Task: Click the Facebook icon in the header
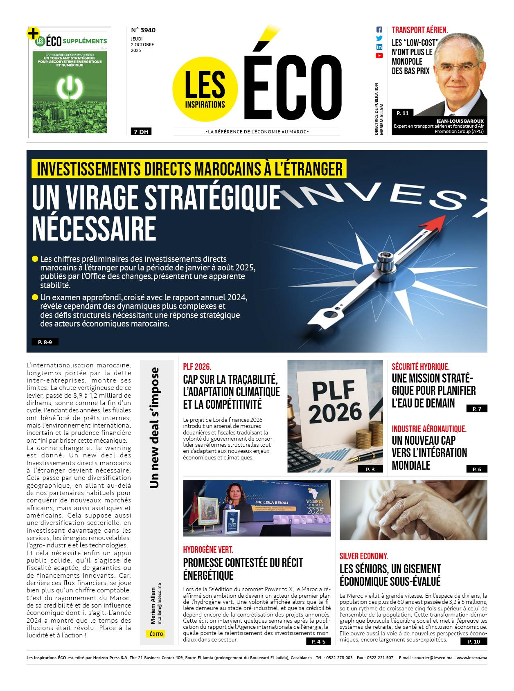(x=379, y=30)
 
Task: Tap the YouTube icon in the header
(x=379, y=56)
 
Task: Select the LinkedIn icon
(x=379, y=47)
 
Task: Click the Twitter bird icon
(x=379, y=38)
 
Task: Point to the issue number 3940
(x=143, y=30)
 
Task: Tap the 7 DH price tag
(x=141, y=132)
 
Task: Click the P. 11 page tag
(x=403, y=113)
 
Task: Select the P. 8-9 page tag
(x=45, y=342)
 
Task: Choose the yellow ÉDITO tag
(x=156, y=634)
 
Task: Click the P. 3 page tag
(x=370, y=469)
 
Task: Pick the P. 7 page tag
(x=477, y=409)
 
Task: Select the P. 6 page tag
(x=477, y=469)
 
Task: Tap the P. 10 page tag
(x=477, y=641)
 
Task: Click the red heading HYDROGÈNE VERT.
(x=208, y=550)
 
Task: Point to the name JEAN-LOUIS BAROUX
(x=460, y=121)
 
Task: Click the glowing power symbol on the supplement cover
(x=70, y=87)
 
